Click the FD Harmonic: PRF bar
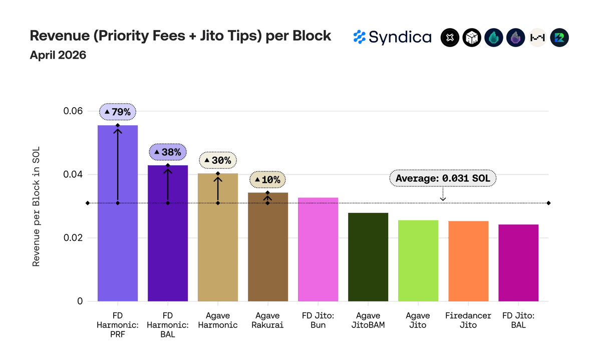(x=118, y=213)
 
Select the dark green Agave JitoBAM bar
(x=368, y=257)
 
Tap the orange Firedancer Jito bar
(x=468, y=261)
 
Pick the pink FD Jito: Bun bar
(x=318, y=249)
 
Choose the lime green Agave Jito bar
(x=418, y=261)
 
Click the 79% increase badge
(x=118, y=112)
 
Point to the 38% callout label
(x=168, y=152)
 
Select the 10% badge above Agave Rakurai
(x=267, y=179)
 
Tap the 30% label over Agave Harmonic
(x=217, y=160)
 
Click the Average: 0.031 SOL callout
(x=443, y=178)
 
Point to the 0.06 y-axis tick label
(x=73, y=111)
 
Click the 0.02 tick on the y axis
(x=73, y=238)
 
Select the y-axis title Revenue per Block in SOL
(x=36, y=206)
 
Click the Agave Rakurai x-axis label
(x=267, y=320)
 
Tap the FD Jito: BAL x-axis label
(x=518, y=320)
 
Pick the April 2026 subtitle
(x=58, y=55)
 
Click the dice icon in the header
(x=472, y=37)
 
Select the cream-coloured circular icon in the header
(x=537, y=37)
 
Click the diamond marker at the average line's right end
(x=548, y=203)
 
